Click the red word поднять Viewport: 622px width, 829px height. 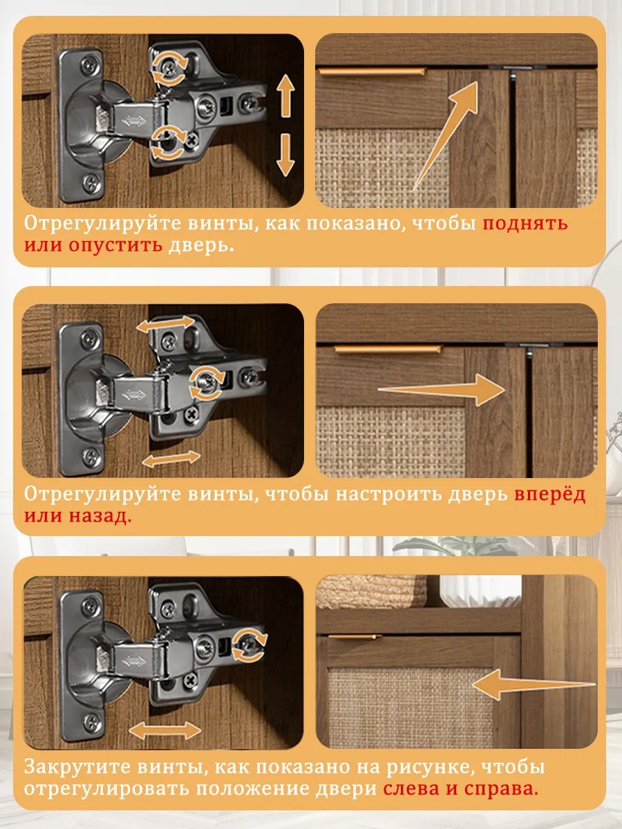pos(525,224)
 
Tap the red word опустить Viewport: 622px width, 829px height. pos(115,245)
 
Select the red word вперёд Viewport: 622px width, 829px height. pos(550,494)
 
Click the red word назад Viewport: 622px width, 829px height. pos(100,516)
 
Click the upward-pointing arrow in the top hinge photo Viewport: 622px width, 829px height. pos(286,95)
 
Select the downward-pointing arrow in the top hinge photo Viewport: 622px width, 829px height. pos(285,155)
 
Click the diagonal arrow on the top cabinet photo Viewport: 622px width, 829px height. pos(446,135)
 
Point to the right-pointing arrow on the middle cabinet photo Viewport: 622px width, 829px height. pos(441,390)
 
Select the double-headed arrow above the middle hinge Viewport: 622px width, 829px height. pos(165,325)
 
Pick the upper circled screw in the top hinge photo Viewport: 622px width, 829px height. pos(169,68)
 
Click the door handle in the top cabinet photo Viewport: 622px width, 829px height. pos(373,72)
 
